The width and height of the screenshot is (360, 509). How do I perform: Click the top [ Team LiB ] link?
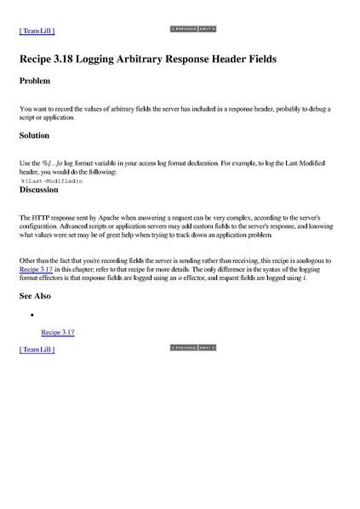pyautogui.click(x=37, y=31)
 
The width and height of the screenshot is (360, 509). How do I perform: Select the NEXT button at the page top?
pyautogui.click(x=207, y=29)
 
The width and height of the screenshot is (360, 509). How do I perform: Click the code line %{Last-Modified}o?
pyautogui.click(x=51, y=180)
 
